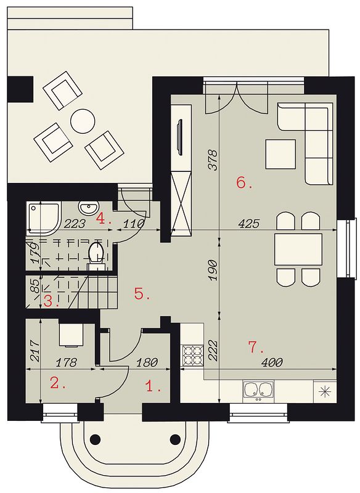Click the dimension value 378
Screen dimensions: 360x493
213,160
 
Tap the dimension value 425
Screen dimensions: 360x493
249,224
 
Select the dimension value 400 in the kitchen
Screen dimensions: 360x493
272,362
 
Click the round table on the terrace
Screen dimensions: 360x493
83,121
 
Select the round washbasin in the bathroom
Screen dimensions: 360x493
88,208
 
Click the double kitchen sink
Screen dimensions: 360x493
258,389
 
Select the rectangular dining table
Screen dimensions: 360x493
298,250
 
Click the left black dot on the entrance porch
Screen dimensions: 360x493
94,438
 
